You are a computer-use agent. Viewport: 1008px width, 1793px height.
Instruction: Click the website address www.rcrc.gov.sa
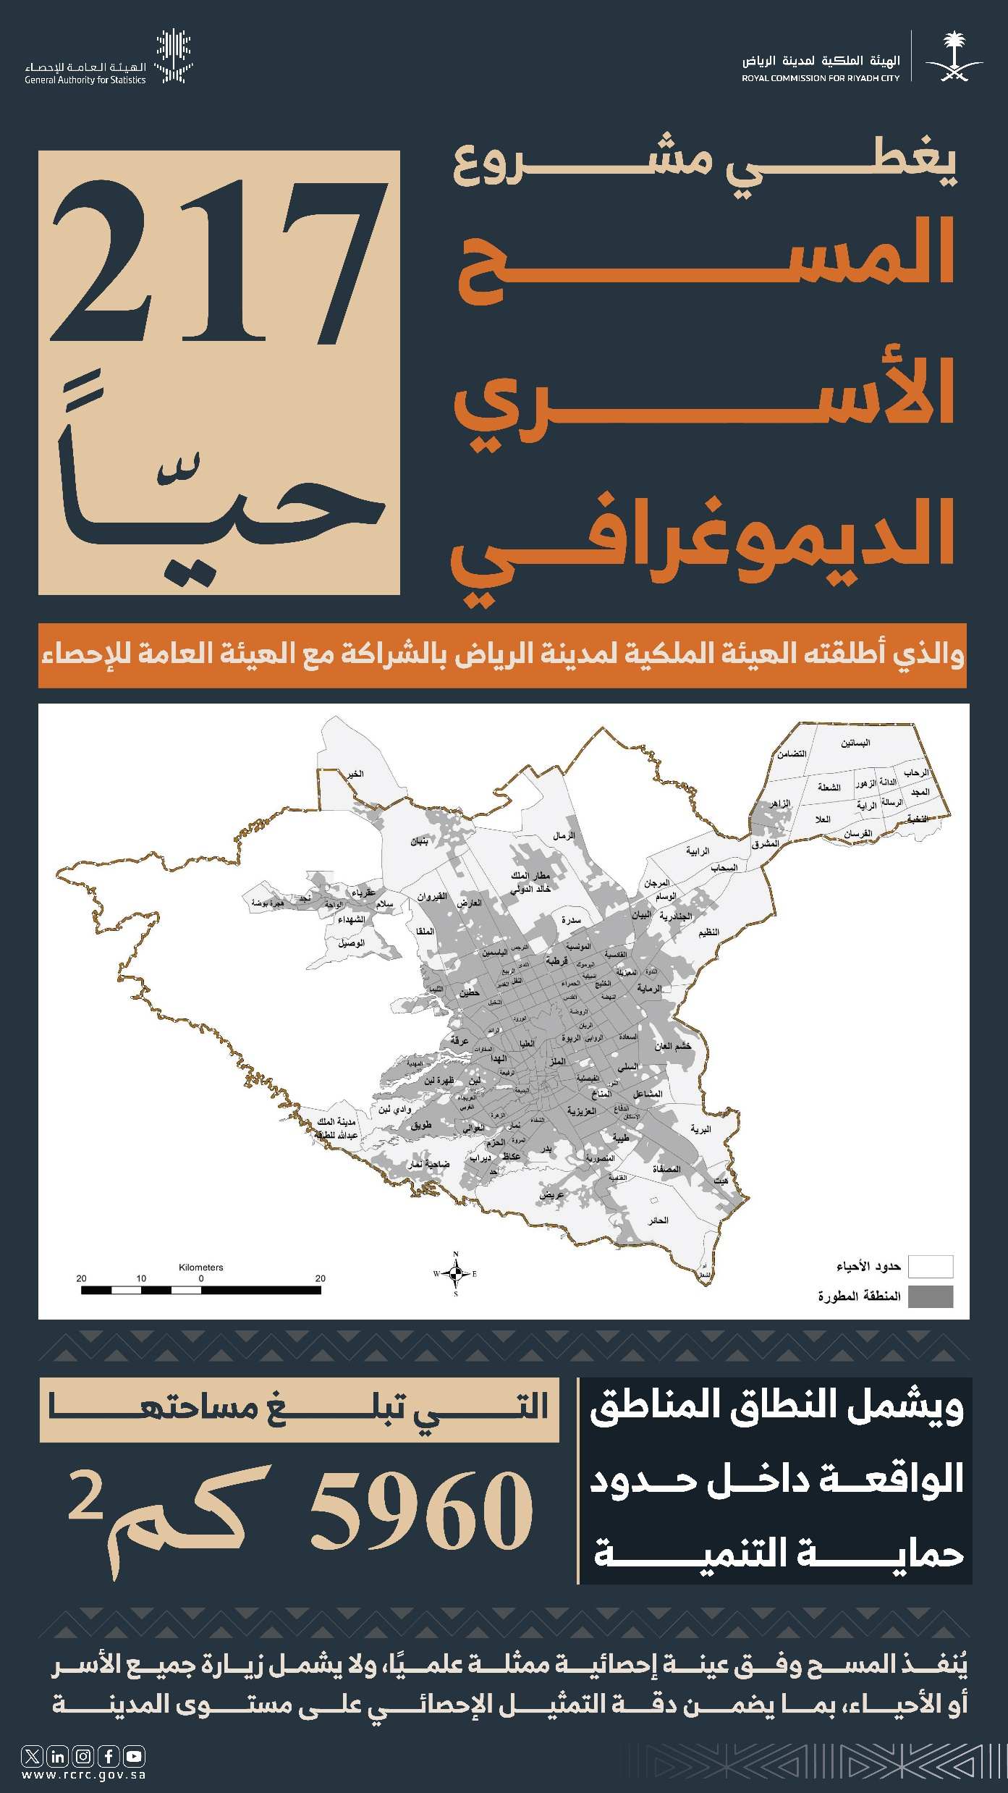(84, 1775)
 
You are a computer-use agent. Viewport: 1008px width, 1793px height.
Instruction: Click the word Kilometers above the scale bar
(201, 1267)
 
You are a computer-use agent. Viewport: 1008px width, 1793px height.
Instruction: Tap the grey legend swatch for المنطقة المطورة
(931, 1296)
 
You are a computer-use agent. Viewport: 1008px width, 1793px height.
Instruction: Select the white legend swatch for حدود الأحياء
(931, 1267)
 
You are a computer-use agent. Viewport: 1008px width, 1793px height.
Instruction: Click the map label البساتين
(855, 743)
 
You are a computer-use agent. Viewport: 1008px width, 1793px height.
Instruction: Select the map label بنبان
(420, 842)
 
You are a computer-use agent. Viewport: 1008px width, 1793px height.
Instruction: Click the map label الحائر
(658, 1220)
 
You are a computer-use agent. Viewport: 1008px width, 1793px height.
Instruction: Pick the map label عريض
(551, 1195)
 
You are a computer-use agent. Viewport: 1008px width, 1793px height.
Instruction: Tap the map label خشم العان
(673, 1046)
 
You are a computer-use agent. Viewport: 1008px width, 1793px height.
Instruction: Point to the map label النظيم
(708, 932)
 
